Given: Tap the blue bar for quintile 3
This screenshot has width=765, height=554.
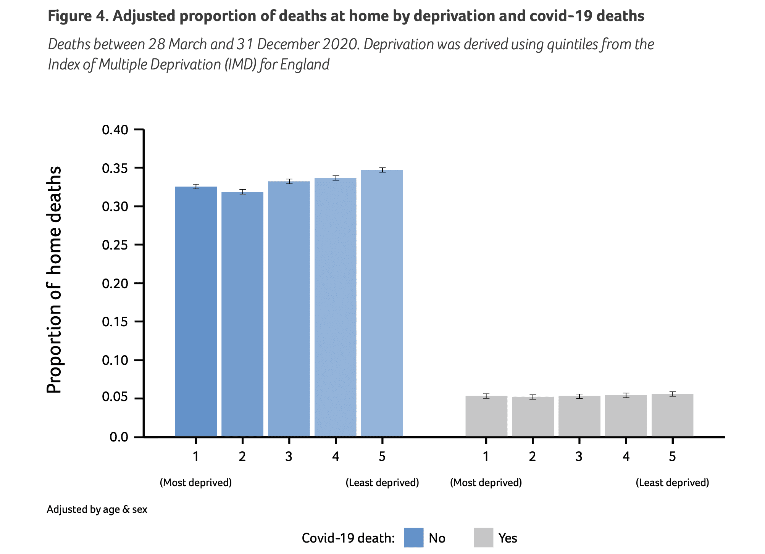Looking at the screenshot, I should click(289, 309).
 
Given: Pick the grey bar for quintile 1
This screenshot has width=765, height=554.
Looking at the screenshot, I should click(486, 416).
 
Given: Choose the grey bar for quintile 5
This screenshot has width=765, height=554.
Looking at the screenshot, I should click(672, 415).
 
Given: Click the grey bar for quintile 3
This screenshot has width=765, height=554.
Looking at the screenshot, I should click(579, 416).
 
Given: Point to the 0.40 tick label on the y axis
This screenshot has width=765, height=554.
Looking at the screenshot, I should click(115, 130).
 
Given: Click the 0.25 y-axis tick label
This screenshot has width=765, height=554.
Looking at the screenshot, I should click(115, 245).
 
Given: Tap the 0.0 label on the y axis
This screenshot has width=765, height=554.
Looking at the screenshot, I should click(119, 437).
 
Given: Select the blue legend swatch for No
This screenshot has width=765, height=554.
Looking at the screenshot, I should click(413, 538).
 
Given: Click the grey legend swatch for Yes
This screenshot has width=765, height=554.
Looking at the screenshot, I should click(483, 538).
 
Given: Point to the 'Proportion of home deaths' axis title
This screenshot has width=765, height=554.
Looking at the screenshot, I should click(54, 280).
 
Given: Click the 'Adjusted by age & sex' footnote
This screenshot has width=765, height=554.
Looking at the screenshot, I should click(97, 509).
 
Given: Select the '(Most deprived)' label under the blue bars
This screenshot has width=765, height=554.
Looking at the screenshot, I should click(195, 483).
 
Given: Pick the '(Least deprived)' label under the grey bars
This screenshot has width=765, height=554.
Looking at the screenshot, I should click(672, 483).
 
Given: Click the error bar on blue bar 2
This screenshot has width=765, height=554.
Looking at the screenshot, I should click(242, 192).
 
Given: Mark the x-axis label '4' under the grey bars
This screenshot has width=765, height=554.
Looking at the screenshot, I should click(626, 456).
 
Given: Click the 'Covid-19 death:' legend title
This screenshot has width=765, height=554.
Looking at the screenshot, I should click(348, 538).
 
